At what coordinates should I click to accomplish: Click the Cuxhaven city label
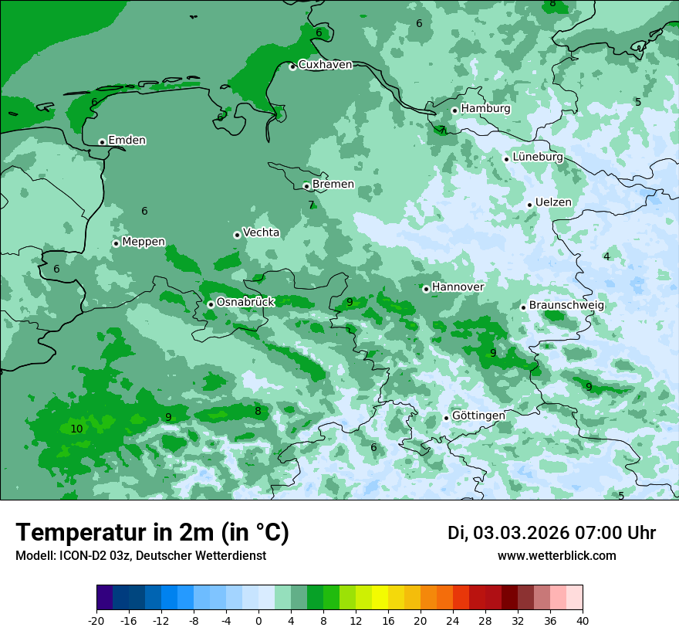click(x=325, y=65)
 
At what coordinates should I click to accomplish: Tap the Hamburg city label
click(x=485, y=109)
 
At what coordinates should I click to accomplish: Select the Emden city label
click(x=127, y=141)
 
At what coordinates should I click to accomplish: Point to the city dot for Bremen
click(x=306, y=186)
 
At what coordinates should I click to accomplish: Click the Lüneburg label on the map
click(x=537, y=158)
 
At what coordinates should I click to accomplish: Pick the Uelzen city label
click(x=553, y=203)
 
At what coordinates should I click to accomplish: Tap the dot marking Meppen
click(x=116, y=243)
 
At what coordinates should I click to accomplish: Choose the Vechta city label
click(x=261, y=232)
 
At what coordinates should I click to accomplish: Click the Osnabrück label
click(x=245, y=302)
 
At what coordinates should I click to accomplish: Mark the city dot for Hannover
click(x=426, y=289)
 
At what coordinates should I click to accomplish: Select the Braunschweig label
click(x=566, y=306)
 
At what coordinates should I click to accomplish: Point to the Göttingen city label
click(x=478, y=415)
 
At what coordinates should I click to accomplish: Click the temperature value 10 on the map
click(x=76, y=429)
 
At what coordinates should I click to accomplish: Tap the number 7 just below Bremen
click(x=311, y=205)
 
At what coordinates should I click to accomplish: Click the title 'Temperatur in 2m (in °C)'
click(x=152, y=532)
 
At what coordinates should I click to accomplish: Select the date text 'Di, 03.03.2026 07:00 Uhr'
click(x=551, y=533)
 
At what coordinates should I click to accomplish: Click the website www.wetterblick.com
click(x=556, y=555)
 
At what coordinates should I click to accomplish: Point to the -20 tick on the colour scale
click(x=96, y=620)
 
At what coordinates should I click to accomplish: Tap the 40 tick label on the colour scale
click(x=583, y=620)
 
